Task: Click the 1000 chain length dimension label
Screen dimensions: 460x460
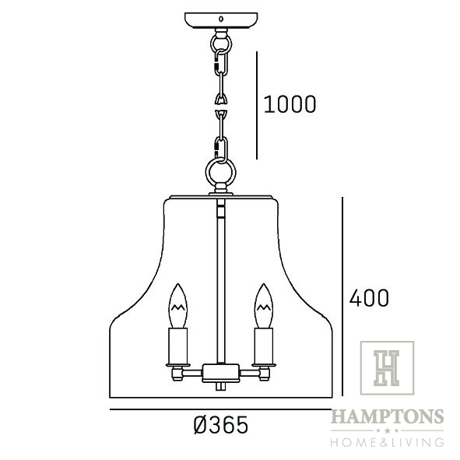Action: [x=290, y=104]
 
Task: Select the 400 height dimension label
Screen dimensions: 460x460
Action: [x=369, y=298]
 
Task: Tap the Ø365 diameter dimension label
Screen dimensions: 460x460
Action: [x=221, y=425]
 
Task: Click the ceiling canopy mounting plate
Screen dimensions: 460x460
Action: [x=221, y=20]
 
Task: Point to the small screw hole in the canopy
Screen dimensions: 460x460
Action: [x=221, y=19]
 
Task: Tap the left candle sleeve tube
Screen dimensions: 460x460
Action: [x=177, y=346]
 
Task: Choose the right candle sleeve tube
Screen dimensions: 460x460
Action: [x=264, y=346]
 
